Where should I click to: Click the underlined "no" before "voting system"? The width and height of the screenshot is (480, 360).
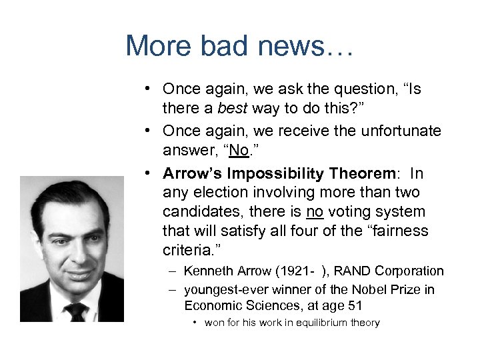(314, 212)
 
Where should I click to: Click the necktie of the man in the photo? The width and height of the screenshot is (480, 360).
(76, 309)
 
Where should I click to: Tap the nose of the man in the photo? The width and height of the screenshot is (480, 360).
(75, 250)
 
